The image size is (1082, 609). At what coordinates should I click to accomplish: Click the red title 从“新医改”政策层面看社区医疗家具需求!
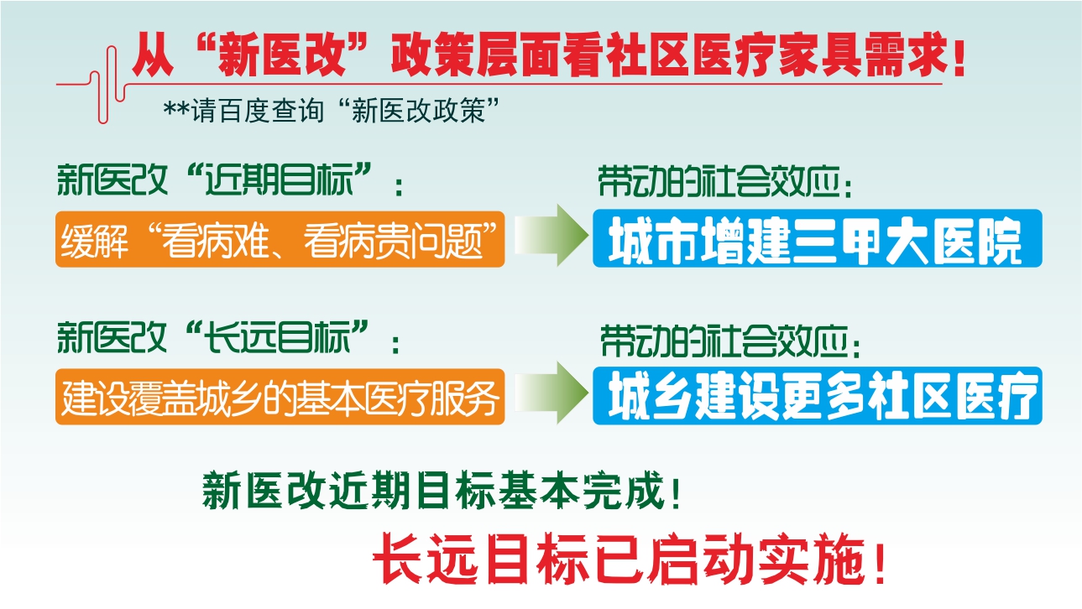[549, 55]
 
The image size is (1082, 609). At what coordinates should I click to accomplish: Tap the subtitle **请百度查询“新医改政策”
[332, 111]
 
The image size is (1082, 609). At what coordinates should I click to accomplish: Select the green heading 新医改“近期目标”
[230, 180]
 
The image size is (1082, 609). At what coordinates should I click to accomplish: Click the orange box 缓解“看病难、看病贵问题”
[280, 239]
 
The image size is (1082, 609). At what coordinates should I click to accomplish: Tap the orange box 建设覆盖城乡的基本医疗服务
[280, 397]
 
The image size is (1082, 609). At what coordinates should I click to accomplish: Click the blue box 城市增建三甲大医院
[818, 238]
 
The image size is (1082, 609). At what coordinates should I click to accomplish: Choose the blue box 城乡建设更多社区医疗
[818, 396]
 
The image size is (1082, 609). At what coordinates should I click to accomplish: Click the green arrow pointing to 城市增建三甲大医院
[551, 235]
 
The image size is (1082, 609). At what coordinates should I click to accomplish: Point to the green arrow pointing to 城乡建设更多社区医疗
[551, 393]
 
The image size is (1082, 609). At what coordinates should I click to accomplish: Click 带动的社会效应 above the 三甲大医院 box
[724, 182]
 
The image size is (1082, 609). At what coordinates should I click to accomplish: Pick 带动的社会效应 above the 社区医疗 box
[730, 341]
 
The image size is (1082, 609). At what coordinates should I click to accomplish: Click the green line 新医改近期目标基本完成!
[442, 490]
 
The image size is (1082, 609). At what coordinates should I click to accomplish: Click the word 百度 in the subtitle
[244, 111]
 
